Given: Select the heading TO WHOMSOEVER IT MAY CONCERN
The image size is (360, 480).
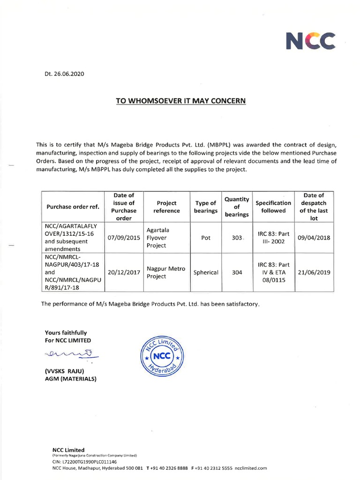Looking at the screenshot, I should click(180, 101).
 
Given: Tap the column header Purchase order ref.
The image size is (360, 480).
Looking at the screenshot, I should click(73, 207).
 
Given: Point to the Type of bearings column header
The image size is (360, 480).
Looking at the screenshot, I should click(205, 207).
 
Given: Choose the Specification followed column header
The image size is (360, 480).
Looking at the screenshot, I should click(273, 207).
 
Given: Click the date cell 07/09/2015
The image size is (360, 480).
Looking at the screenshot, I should click(124, 238).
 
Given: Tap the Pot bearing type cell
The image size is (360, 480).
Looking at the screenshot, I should click(205, 238).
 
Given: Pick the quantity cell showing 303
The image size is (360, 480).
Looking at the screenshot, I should click(236, 238).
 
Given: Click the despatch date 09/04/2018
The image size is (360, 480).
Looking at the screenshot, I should click(314, 238).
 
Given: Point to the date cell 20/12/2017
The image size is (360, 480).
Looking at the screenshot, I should click(124, 272).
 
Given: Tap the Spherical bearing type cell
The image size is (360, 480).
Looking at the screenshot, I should click(205, 272).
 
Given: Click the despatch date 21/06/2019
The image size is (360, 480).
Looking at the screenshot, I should click(314, 272).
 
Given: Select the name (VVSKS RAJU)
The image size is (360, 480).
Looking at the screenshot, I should click(64, 371).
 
